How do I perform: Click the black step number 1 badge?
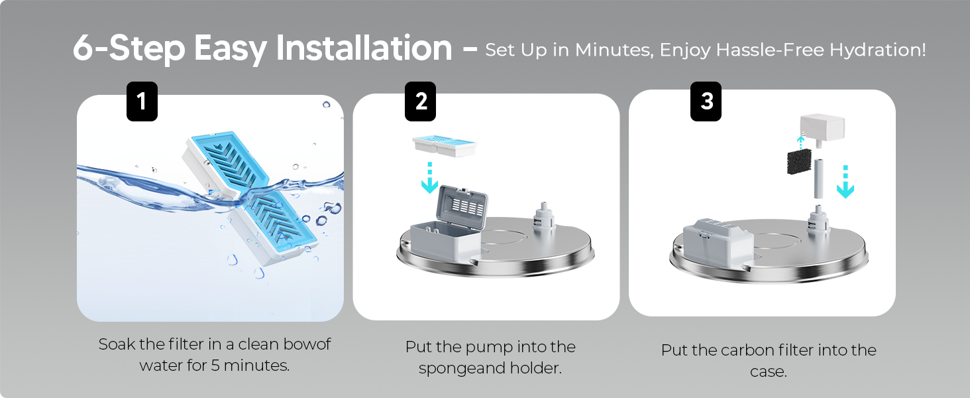pyautogui.click(x=142, y=101)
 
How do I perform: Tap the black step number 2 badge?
pyautogui.click(x=421, y=101)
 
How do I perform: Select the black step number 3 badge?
pyautogui.click(x=706, y=101)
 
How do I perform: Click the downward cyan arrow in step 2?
pyautogui.click(x=429, y=178)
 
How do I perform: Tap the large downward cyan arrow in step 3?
pyautogui.click(x=845, y=182)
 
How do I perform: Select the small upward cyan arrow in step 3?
pyautogui.click(x=800, y=143)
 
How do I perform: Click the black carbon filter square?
pyautogui.click(x=799, y=162)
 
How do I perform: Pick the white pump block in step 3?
pyautogui.click(x=822, y=130)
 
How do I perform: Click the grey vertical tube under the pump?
pyautogui.click(x=818, y=178)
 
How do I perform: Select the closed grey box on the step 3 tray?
pyautogui.click(x=718, y=241)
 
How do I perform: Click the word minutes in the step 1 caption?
pyautogui.click(x=256, y=365)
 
